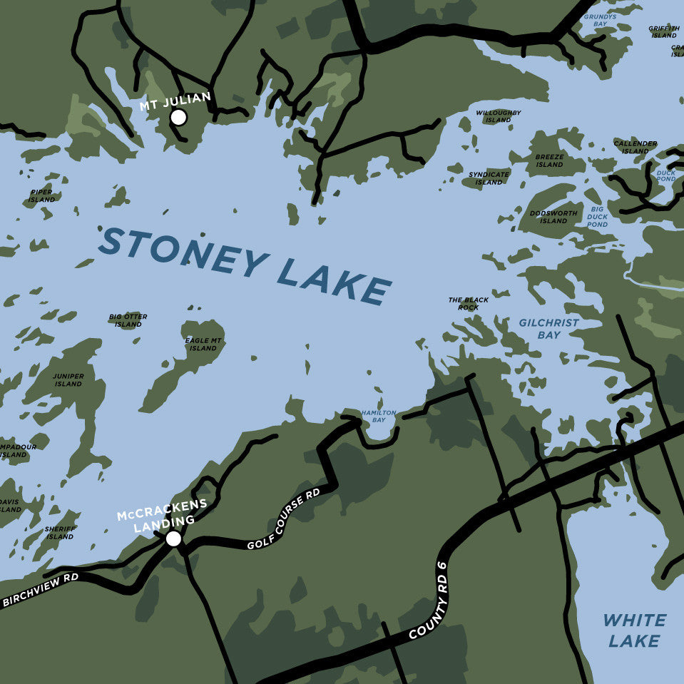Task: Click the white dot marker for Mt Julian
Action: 178,118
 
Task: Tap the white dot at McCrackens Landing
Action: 173,538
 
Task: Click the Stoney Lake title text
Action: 245,266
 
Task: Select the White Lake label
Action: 634,631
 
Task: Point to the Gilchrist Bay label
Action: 548,329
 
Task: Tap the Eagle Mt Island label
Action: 203,344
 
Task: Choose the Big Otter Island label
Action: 128,320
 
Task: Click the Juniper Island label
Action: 68,379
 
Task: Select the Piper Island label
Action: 41,195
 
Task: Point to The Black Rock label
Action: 469,303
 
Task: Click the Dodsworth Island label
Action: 553,217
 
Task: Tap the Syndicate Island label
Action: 489,178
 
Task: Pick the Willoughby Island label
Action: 499,116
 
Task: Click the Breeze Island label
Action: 549,160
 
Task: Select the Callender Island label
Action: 635,147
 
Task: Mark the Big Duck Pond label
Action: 597,217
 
